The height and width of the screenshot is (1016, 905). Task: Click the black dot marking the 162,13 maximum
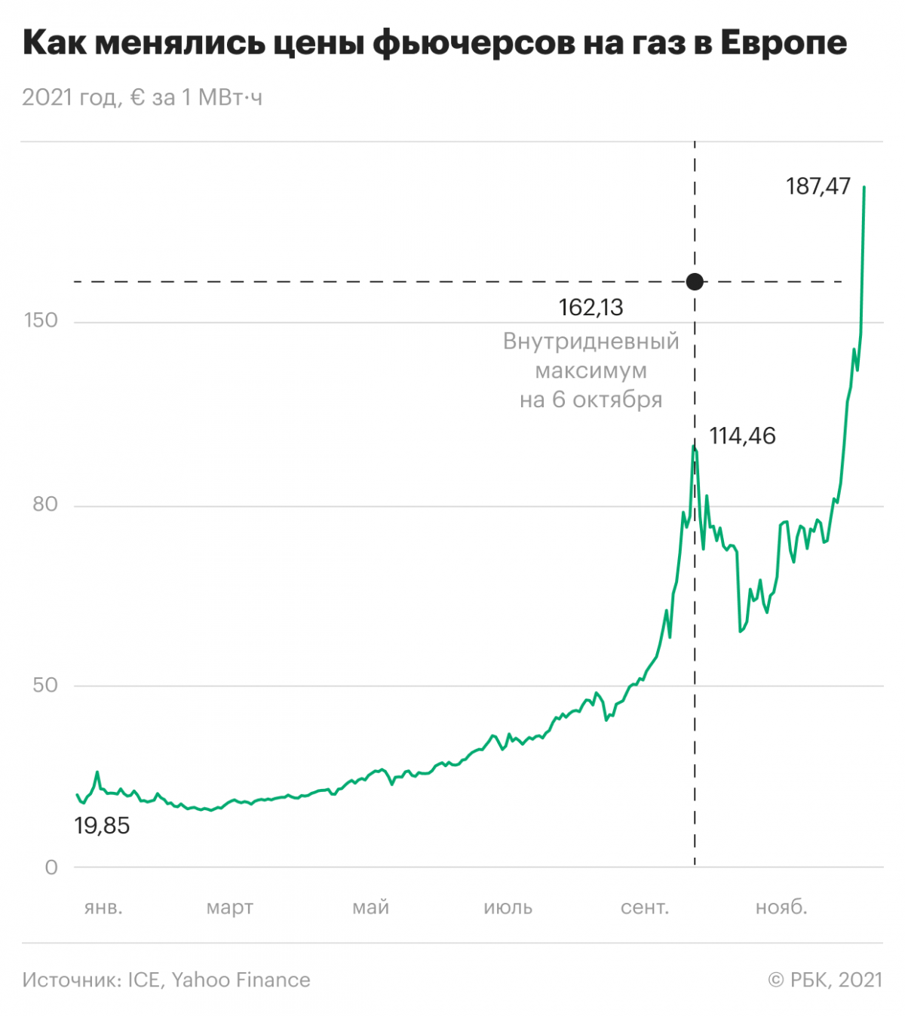(x=695, y=281)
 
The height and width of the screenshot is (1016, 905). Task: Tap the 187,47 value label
(x=818, y=186)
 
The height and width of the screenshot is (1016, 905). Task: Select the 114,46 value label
(x=742, y=436)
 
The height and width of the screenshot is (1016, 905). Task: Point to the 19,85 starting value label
(x=102, y=826)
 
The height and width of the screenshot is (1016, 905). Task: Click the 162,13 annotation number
(x=591, y=308)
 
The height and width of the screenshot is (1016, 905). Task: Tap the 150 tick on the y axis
(x=41, y=321)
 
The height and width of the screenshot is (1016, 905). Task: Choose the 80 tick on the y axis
(x=45, y=505)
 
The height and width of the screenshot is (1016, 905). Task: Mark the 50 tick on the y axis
(x=45, y=685)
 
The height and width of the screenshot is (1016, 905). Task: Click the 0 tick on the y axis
(x=51, y=867)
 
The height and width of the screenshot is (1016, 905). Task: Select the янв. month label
(x=103, y=907)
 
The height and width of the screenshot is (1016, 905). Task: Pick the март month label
(x=230, y=907)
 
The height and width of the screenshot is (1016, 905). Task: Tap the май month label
(x=370, y=907)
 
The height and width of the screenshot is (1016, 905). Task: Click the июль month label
(x=508, y=907)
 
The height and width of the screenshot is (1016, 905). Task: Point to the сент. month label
(x=645, y=907)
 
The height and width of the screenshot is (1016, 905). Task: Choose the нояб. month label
(x=781, y=907)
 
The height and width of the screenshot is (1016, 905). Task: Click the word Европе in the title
(x=784, y=43)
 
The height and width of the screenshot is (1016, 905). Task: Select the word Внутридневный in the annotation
(x=591, y=342)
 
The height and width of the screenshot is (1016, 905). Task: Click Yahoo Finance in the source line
(x=241, y=980)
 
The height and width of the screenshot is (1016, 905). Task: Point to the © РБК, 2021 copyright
(x=825, y=980)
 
